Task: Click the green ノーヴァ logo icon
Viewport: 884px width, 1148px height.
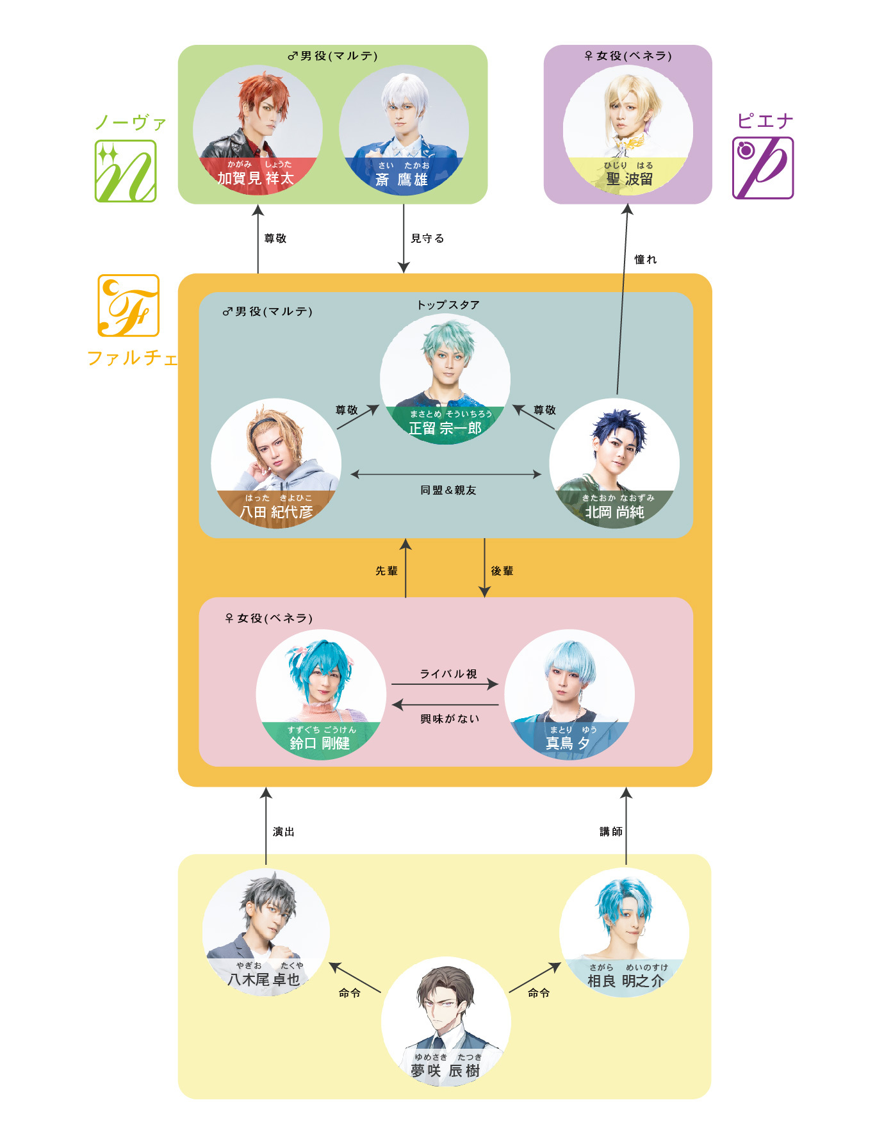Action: pos(126,171)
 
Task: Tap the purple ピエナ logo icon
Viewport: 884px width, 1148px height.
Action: pos(763,168)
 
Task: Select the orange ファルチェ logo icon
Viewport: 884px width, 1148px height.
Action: pos(128,306)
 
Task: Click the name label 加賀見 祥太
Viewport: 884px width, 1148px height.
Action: pos(256,178)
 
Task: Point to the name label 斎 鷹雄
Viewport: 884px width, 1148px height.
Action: pos(402,179)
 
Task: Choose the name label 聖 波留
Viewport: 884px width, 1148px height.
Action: pos(629,179)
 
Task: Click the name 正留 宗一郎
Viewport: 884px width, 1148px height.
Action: pos(445,428)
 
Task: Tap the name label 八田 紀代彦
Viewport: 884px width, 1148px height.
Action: pos(276,512)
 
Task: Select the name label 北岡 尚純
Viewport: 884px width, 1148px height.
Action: pos(614,512)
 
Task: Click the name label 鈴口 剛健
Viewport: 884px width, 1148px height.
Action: pos(320,743)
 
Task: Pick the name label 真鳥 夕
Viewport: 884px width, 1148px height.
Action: pos(568,743)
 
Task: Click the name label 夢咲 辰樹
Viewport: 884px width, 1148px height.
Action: pos(445,1070)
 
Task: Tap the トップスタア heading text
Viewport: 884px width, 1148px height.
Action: pos(448,305)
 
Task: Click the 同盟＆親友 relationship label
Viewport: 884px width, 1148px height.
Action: pos(448,490)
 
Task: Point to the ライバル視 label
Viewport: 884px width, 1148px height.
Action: pos(448,674)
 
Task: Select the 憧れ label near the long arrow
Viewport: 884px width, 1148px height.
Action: pos(645,259)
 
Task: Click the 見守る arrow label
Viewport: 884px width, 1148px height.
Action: pos(427,238)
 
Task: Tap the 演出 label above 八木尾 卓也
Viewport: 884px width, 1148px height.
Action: pos(283,832)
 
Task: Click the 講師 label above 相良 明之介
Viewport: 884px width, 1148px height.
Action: pos(610,832)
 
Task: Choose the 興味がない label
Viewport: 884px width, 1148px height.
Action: pos(450,719)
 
